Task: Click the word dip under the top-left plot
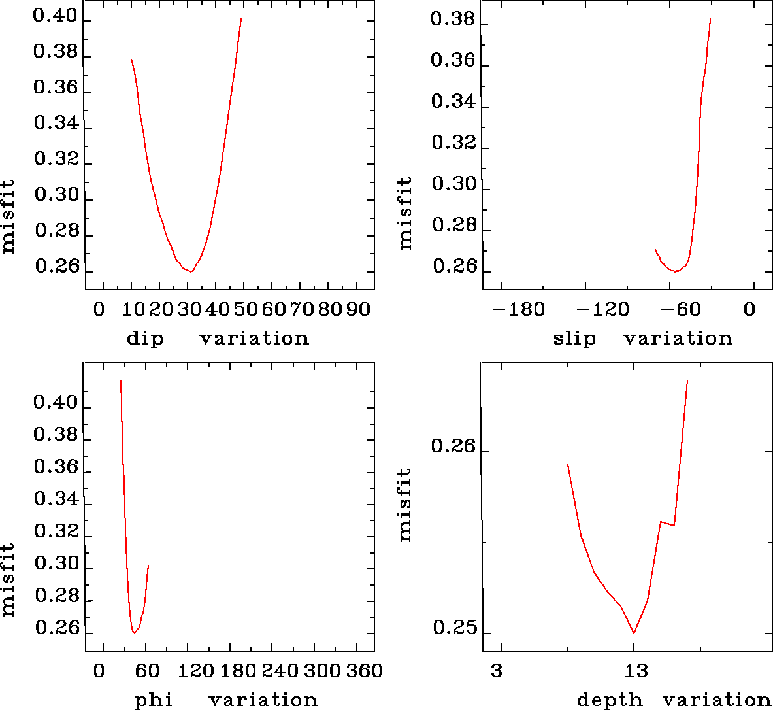[x=144, y=339]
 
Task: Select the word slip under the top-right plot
[x=574, y=339]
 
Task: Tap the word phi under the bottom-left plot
[x=153, y=700]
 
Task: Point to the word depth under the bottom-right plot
[x=609, y=700]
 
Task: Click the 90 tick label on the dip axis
[x=357, y=309]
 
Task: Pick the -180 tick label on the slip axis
[x=518, y=309]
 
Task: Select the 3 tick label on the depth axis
[x=497, y=671]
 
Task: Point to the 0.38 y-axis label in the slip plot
[x=452, y=20]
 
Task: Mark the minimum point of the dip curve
[x=191, y=271]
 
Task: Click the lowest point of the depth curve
[x=634, y=633]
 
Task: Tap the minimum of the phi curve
[x=134, y=633]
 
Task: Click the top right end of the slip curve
[x=710, y=19]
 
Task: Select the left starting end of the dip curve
[x=131, y=59]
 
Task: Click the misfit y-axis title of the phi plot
[x=8, y=580]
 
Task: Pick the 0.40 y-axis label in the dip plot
[x=56, y=17]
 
